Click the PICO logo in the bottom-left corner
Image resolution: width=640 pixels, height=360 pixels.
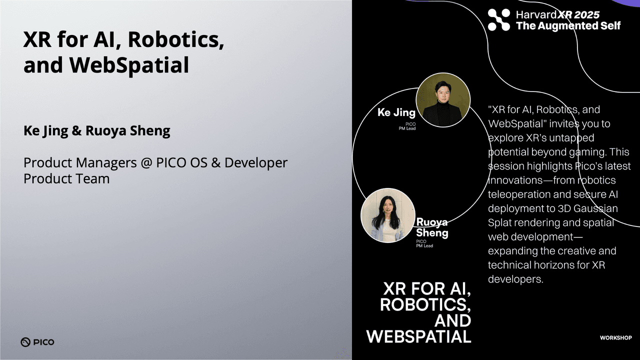[37, 342]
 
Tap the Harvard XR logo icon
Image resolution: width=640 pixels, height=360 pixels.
[498, 20]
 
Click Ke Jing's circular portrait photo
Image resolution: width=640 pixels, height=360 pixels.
[443, 99]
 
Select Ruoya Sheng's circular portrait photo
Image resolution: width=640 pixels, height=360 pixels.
[387, 215]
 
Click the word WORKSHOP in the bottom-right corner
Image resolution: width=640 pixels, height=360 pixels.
[615, 338]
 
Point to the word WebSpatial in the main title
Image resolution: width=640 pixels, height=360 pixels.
[129, 65]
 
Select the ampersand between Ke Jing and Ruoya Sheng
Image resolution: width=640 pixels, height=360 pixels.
[77, 131]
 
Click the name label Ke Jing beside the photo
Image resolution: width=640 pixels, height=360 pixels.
[396, 112]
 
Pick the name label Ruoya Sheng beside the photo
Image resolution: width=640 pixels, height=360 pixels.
[432, 227]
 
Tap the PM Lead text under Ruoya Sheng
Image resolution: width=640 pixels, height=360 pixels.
[424, 246]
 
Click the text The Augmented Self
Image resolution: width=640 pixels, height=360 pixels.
[568, 25]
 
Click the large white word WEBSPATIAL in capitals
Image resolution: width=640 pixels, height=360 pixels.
[419, 336]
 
